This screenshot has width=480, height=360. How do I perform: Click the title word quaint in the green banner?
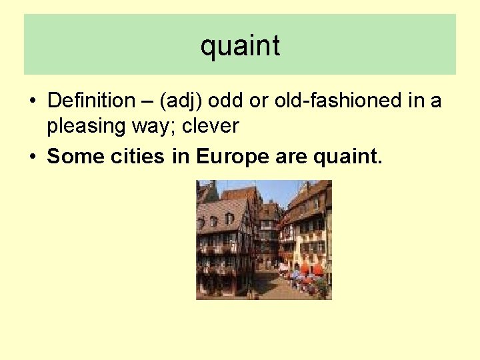pyautogui.click(x=240, y=46)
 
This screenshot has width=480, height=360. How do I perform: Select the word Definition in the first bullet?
pyautogui.click(x=91, y=101)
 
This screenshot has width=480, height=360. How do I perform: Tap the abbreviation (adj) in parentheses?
pyautogui.click(x=181, y=101)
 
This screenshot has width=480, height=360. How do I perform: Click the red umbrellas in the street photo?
pyautogui.click(x=309, y=268)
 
